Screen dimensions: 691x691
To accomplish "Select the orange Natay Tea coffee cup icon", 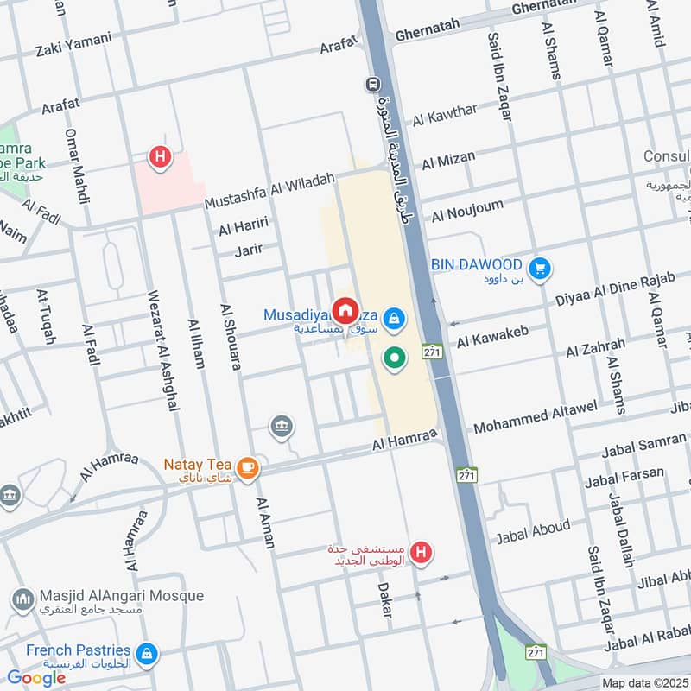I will pos(248,466).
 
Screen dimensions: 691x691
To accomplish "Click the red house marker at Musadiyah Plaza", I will pos(345,309).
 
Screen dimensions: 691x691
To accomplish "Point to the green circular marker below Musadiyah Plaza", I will pos(395,357).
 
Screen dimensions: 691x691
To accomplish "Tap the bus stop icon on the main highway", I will pos(372,85).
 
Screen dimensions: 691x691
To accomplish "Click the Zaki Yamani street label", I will pos(73,39).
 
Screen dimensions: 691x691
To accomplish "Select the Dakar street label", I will pos(384,599).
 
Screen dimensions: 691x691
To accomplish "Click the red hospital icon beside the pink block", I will pos(159,157).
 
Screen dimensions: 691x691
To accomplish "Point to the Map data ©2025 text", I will pos(643,682).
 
